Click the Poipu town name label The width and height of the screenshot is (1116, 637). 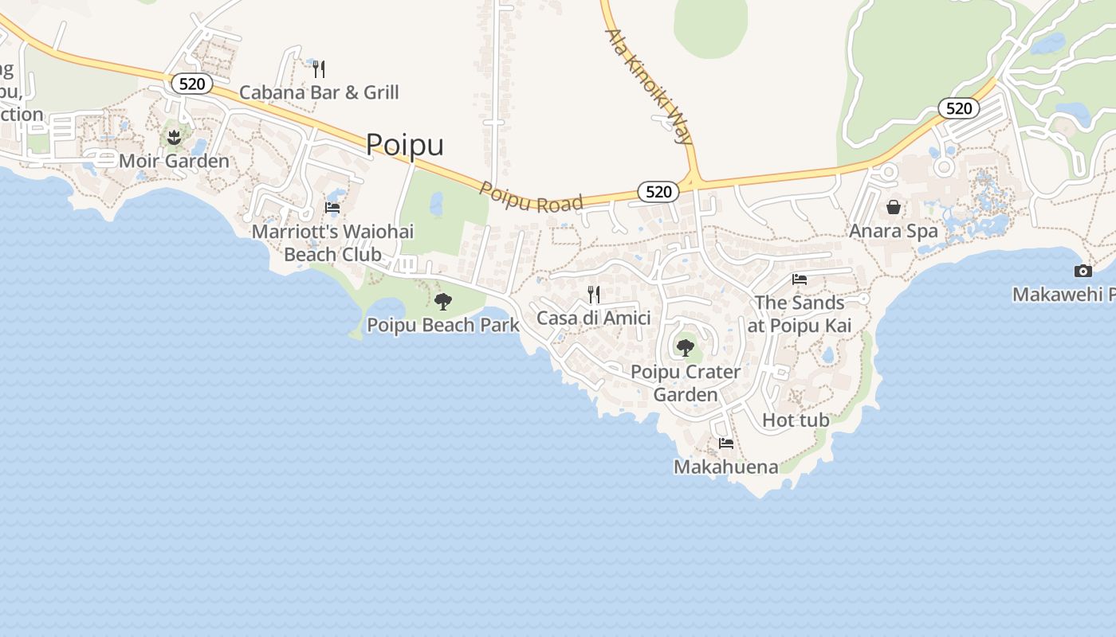point(405,145)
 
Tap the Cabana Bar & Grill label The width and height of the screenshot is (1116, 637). point(319,92)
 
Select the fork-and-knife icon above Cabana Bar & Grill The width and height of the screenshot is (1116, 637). point(319,69)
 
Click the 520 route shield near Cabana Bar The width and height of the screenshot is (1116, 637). point(192,84)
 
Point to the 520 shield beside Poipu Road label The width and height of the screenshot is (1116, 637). point(658,191)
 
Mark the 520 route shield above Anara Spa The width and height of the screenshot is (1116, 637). point(958,108)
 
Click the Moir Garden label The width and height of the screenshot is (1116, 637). point(174,161)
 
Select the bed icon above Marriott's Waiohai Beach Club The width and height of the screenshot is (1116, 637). point(332,208)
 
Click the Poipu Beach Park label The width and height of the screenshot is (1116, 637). point(443,325)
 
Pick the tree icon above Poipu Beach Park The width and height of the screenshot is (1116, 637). point(443,301)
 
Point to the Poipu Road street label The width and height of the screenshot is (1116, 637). point(531,197)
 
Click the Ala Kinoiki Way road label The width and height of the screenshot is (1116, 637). point(649,86)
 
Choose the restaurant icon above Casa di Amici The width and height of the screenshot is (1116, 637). point(594,295)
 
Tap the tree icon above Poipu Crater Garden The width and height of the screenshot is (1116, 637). point(685,347)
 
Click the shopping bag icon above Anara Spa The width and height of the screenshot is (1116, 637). point(894,207)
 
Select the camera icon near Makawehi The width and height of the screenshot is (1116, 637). point(1083,271)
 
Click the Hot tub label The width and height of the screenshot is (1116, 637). point(796,420)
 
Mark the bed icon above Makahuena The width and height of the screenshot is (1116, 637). point(726,444)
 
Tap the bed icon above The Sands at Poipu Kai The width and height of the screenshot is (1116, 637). point(800,279)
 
